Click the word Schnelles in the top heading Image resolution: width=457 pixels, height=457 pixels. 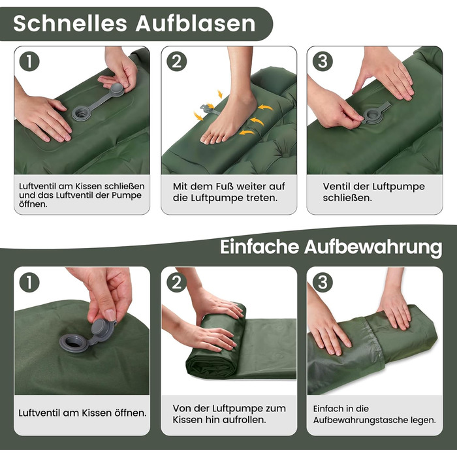coord(70,24)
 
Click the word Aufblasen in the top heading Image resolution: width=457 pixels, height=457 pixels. coord(196,24)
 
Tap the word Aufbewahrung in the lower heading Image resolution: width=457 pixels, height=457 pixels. coord(373,247)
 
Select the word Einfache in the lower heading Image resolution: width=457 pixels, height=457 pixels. coord(259,247)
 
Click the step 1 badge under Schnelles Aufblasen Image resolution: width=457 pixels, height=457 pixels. coord(29,61)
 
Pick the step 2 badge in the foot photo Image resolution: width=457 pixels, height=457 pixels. coord(176,61)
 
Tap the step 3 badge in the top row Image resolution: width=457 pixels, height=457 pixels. coord(323,61)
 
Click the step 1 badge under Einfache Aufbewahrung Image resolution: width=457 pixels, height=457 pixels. coord(29,282)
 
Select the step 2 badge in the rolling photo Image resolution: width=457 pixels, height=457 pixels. coord(176,282)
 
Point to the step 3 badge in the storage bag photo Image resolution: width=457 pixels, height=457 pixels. coord(323,282)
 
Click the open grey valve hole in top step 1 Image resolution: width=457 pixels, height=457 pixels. coord(82,112)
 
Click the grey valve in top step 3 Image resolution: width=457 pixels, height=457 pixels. coord(375,114)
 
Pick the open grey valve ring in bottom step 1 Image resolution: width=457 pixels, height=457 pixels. coord(74,343)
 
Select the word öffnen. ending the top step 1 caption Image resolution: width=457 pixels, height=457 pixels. coord(33,204)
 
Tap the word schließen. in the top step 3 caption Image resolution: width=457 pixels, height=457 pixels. coord(347,198)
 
